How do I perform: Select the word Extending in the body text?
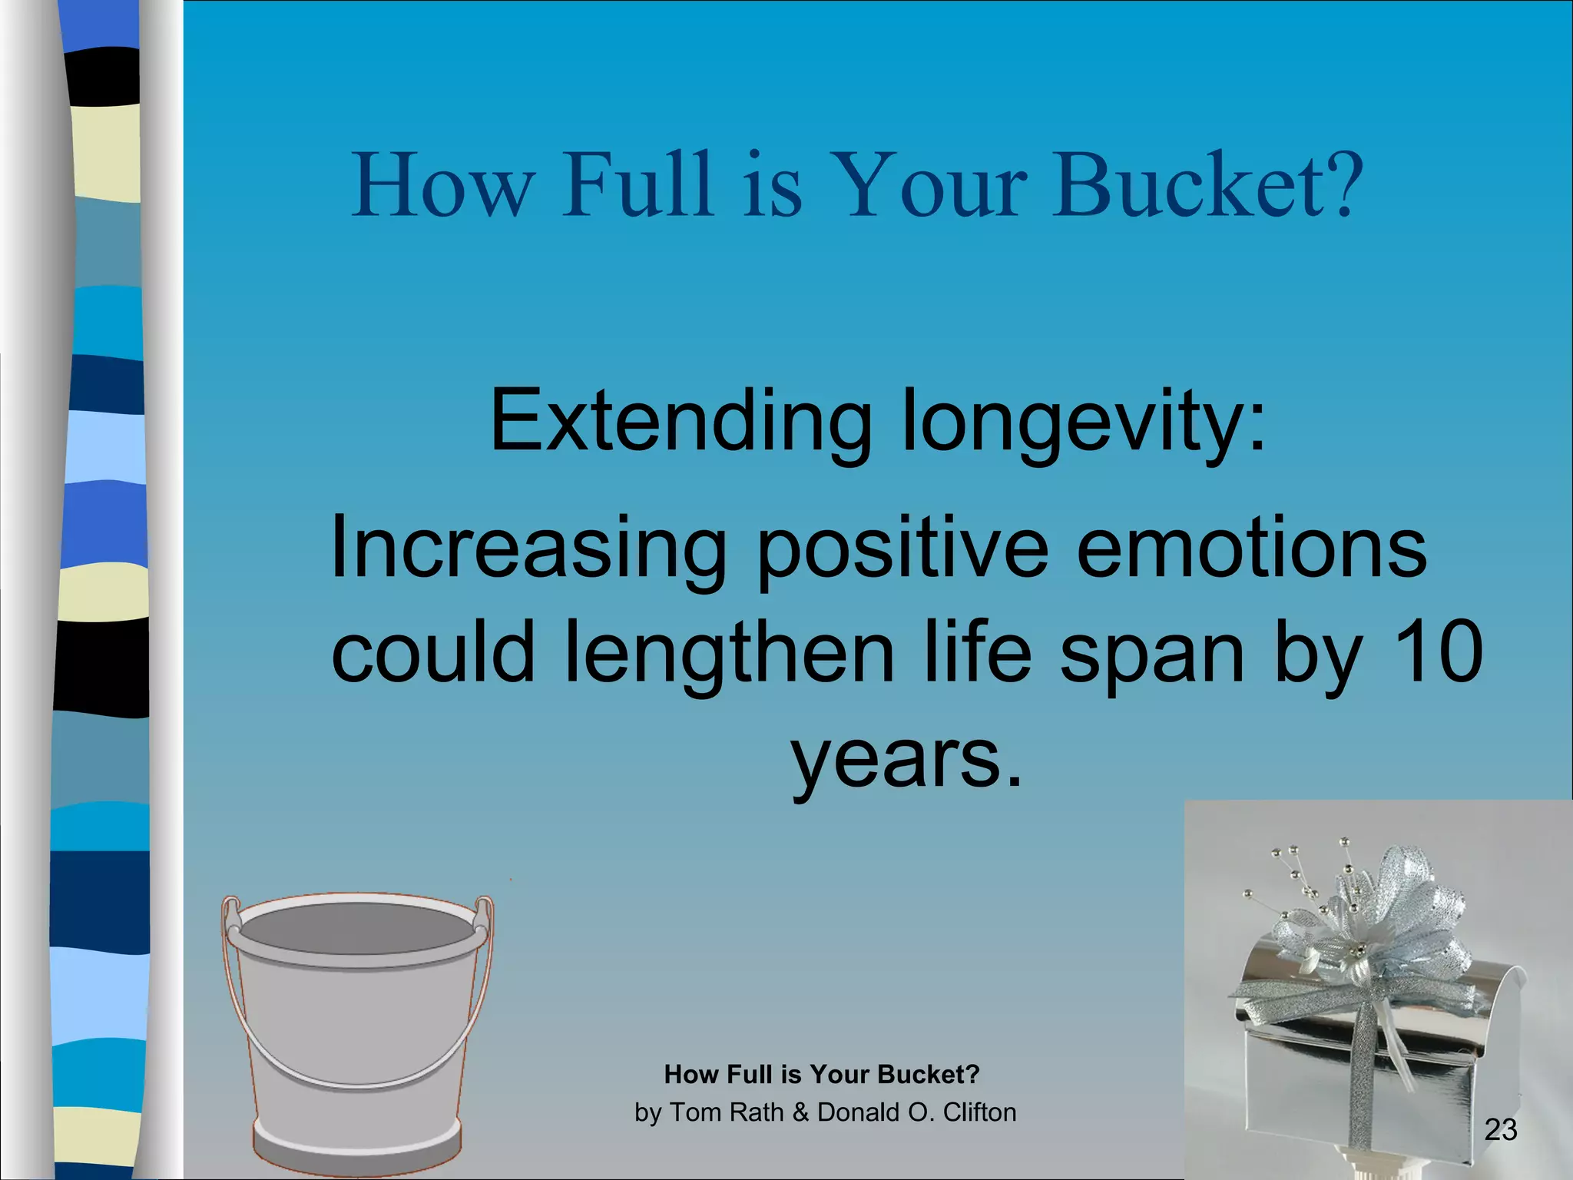[x=680, y=423]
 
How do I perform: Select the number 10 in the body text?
[x=1436, y=653]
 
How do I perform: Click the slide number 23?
[x=1500, y=1130]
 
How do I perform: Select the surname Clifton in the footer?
[x=979, y=1112]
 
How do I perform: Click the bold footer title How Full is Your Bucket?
[x=822, y=1074]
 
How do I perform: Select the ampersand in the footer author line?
[x=801, y=1112]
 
